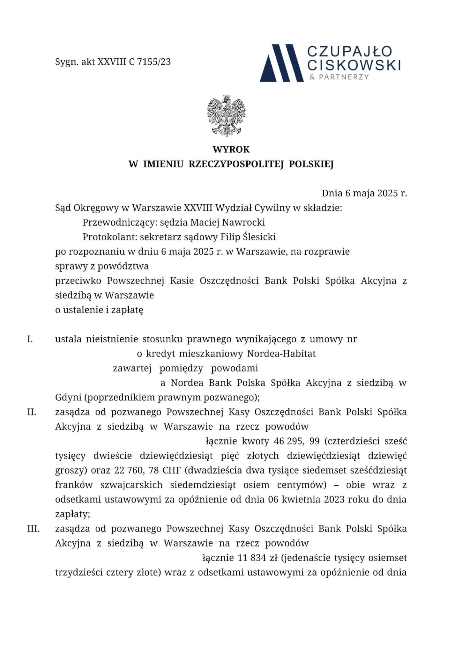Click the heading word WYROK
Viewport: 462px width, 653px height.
click(231, 149)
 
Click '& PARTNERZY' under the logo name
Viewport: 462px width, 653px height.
click(339, 77)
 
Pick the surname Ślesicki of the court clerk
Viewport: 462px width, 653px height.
click(259, 237)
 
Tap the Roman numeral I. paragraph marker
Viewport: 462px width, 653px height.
click(30, 339)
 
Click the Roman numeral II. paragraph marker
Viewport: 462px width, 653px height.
click(31, 412)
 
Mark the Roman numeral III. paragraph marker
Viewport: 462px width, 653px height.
click(33, 529)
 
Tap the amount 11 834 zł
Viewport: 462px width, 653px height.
click(258, 558)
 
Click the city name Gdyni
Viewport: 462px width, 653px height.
click(68, 398)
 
